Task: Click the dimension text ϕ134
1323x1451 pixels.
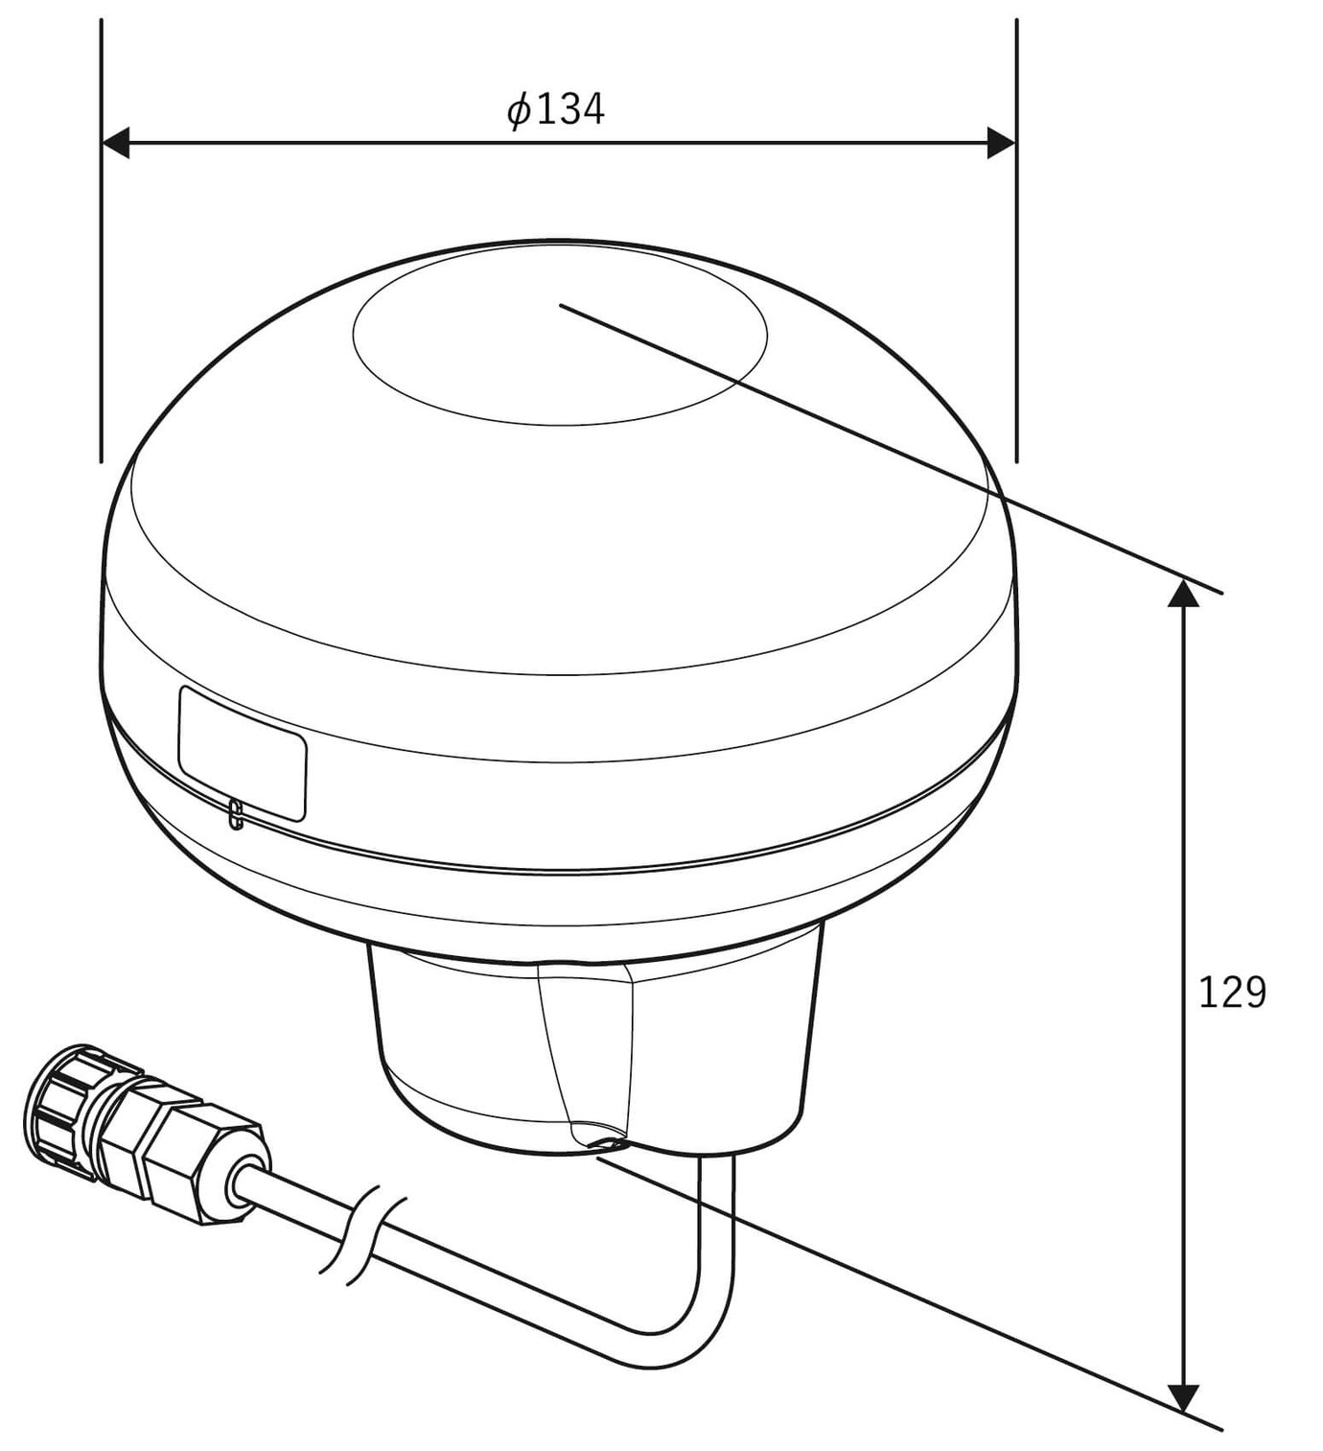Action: tap(556, 110)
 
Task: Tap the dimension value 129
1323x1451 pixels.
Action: tap(1232, 994)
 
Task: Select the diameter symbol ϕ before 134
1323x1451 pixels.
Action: tap(519, 111)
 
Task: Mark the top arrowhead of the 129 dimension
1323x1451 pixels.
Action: tap(1185, 594)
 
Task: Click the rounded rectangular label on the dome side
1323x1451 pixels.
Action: tap(242, 754)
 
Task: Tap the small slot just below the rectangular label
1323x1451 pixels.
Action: tap(235, 815)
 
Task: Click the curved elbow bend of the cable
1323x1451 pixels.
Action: tap(685, 1343)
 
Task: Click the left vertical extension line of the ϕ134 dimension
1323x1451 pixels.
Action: tap(101, 288)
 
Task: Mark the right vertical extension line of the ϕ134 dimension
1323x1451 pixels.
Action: tap(1016, 288)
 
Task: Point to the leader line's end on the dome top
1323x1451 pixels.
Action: tap(562, 306)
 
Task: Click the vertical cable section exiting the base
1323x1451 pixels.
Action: tap(717, 1228)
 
